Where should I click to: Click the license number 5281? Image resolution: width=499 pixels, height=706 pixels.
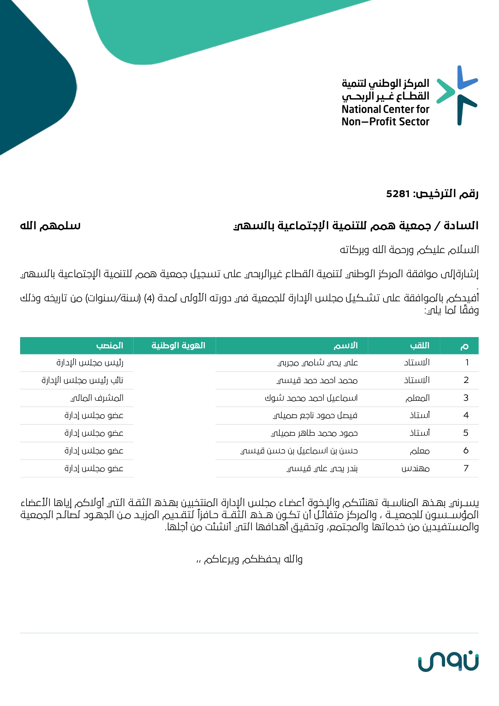pyautogui.click(x=398, y=194)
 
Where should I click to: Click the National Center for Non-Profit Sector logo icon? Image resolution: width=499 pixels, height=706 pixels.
pyautogui.click(x=458, y=95)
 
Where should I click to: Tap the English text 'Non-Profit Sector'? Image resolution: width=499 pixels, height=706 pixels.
pyautogui.click(x=385, y=121)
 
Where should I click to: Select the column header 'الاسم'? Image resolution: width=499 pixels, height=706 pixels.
pyautogui.click(x=345, y=346)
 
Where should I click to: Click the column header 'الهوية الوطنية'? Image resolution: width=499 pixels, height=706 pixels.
pyautogui.click(x=178, y=346)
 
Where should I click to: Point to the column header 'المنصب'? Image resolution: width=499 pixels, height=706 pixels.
pyautogui.click(x=109, y=346)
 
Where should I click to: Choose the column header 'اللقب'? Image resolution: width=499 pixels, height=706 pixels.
pyautogui.click(x=419, y=346)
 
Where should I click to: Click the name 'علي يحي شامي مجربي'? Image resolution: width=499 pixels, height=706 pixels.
pyautogui.click(x=318, y=363)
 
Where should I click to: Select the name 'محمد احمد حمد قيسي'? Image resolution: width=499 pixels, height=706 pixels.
pyautogui.click(x=317, y=381)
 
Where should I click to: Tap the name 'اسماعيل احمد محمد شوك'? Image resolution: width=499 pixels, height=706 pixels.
pyautogui.click(x=311, y=398)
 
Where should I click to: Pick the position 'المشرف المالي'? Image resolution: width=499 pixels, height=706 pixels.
pyautogui.click(x=97, y=398)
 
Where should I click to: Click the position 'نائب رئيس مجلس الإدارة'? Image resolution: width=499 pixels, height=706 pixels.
pyautogui.click(x=82, y=381)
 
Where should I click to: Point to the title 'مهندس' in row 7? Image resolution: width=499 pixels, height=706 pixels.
pyautogui.click(x=416, y=469)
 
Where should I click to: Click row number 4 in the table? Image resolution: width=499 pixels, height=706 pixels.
pyautogui.click(x=466, y=416)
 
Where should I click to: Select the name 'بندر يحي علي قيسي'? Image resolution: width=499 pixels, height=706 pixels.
pyautogui.click(x=322, y=469)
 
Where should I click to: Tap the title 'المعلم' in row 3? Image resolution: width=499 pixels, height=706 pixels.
pyautogui.click(x=417, y=398)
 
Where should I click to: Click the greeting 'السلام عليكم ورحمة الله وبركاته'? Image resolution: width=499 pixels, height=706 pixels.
pyautogui.click(x=409, y=250)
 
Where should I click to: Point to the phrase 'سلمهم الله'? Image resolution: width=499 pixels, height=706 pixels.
pyautogui.click(x=50, y=226)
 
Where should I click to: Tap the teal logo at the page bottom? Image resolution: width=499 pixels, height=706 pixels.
pyautogui.click(x=448, y=662)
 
